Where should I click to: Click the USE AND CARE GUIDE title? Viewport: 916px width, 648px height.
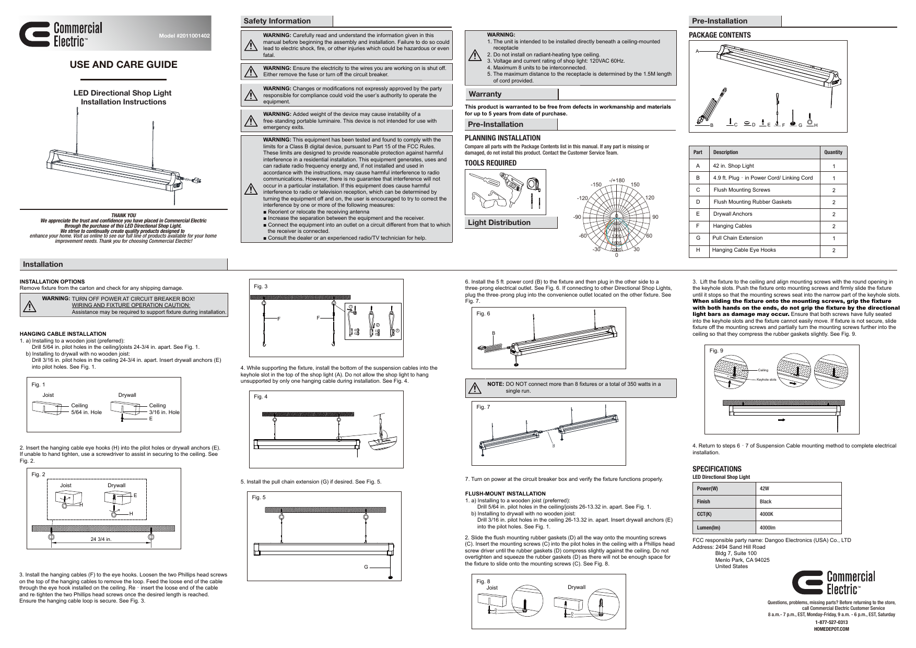[124, 65]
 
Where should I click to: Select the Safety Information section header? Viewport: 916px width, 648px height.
[277, 21]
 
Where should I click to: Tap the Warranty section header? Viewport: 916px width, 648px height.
[485, 94]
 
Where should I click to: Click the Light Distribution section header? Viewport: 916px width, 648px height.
[499, 222]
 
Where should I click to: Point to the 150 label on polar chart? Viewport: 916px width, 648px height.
[635, 184]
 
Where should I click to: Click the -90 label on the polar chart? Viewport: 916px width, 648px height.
[577, 217]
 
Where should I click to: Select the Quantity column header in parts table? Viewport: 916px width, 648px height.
[832, 152]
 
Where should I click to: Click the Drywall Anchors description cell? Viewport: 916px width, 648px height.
[733, 214]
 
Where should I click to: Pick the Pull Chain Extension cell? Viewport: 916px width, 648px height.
[737, 238]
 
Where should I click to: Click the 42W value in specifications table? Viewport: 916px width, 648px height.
[765, 489]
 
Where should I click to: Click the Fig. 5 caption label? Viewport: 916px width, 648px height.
[259, 497]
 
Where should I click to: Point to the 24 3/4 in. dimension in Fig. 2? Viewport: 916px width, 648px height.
[101, 539]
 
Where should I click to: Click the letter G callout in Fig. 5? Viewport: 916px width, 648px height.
[366, 567]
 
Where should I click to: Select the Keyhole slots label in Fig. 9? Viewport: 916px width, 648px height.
[766, 380]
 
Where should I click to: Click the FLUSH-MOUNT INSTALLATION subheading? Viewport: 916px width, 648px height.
[505, 493]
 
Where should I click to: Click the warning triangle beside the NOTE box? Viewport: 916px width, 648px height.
[475, 388]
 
